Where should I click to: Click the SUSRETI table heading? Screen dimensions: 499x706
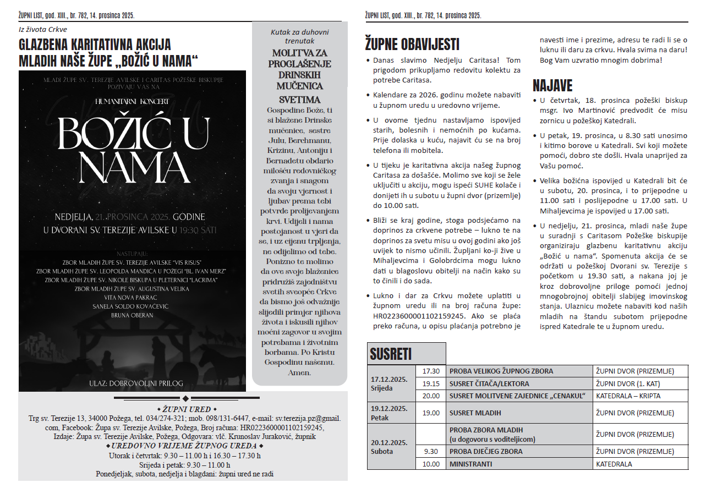[x=391, y=353]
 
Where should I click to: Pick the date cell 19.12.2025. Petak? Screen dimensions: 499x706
[x=388, y=413]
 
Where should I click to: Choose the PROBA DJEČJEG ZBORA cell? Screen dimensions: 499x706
[x=486, y=452]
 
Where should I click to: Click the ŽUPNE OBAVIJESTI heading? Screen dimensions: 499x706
[x=412, y=44]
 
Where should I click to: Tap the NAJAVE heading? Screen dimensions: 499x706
[x=552, y=86]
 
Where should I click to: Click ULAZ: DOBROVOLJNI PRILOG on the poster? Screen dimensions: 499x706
[x=136, y=383]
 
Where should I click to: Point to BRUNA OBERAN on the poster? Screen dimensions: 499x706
[x=132, y=315]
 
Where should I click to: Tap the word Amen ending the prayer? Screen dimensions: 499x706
[x=299, y=372]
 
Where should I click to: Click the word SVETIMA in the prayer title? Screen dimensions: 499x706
[x=299, y=100]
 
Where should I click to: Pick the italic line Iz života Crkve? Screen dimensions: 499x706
[x=43, y=30]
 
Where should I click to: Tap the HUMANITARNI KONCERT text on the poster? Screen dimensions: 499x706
[x=132, y=102]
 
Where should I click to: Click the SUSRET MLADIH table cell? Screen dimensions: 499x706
[x=475, y=413]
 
